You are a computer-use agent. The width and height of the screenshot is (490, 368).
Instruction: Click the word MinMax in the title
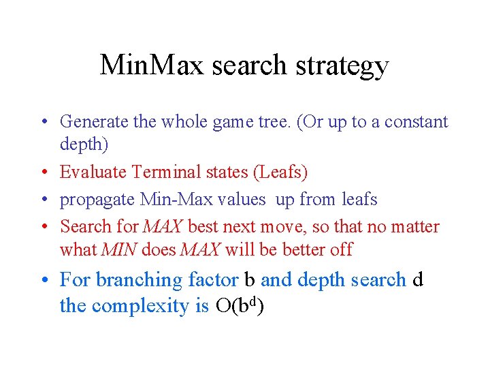point(152,65)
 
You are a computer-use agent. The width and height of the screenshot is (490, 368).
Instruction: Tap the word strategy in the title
point(342,66)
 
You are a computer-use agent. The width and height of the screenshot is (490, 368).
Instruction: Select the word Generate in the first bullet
point(94,121)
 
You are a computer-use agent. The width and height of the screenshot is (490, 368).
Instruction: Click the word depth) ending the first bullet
point(84,144)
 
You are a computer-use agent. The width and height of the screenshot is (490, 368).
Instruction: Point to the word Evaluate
point(93,172)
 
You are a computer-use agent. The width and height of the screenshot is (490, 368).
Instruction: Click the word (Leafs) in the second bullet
point(280,172)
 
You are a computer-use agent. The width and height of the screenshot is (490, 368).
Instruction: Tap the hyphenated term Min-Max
point(176,199)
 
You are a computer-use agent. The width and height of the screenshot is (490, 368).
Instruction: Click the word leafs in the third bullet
point(359,199)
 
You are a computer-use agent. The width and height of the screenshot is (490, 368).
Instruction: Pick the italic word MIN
point(119,249)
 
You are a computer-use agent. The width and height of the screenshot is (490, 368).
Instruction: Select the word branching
point(139,280)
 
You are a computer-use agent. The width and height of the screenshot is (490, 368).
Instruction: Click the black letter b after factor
point(249,279)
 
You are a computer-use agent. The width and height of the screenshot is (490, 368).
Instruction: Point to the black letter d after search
point(417,279)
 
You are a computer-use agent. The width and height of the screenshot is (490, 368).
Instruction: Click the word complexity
point(140,307)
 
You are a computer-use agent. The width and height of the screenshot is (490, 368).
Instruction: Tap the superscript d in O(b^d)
point(252,302)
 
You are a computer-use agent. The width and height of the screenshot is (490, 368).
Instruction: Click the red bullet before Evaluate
point(45,172)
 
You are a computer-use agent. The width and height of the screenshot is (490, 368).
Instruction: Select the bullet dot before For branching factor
point(45,279)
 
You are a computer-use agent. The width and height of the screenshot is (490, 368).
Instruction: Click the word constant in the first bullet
point(416,122)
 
